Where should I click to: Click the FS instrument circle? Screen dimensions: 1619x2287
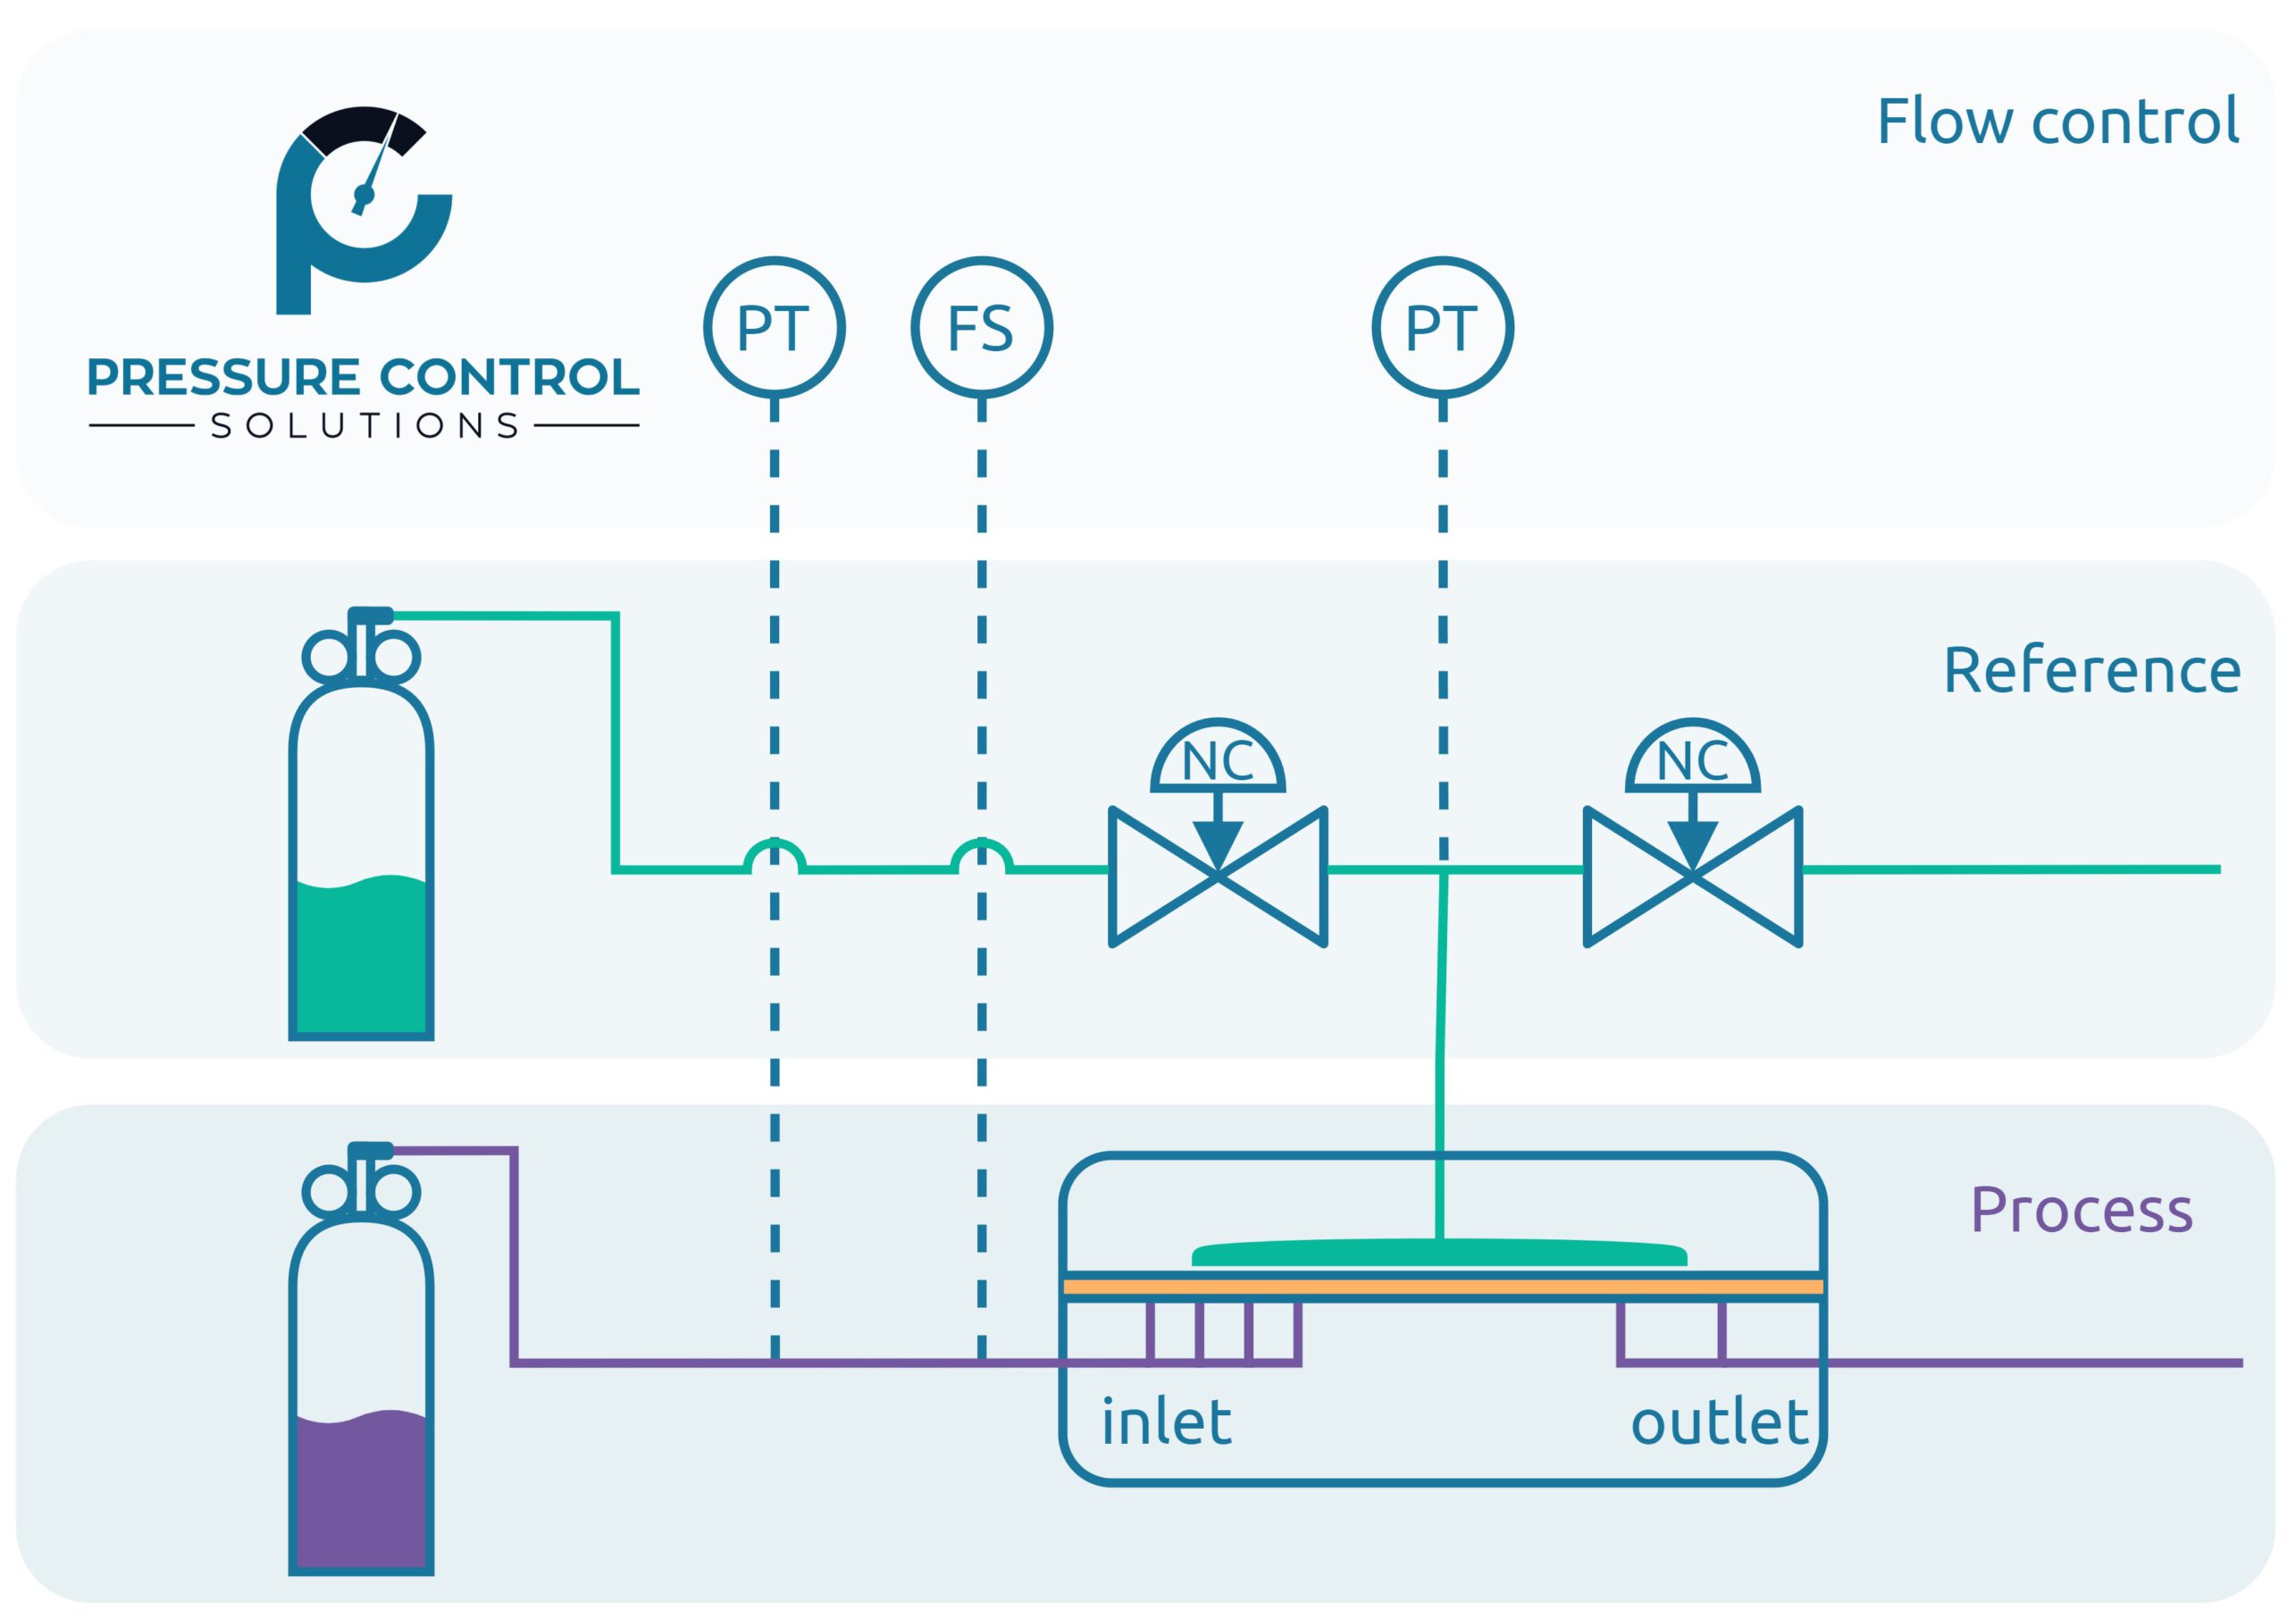[981, 328]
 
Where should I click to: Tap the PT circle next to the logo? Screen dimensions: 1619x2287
[774, 328]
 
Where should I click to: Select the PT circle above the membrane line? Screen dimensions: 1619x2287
[1442, 328]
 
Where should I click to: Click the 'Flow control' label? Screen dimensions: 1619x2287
[2057, 122]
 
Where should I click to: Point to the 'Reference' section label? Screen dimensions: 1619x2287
[2091, 670]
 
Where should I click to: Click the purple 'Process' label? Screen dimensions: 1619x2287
[2081, 1211]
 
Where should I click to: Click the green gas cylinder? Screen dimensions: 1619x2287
[361, 858]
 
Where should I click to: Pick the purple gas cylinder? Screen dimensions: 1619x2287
[361, 1396]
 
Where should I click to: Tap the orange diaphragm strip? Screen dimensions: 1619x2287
[1442, 1287]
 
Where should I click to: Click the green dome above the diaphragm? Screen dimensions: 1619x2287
[1438, 1254]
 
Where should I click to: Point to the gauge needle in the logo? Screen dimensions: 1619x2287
[377, 164]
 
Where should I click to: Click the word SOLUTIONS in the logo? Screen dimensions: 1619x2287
[364, 427]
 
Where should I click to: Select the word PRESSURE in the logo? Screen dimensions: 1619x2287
[223, 377]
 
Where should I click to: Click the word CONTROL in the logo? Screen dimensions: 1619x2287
[509, 377]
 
